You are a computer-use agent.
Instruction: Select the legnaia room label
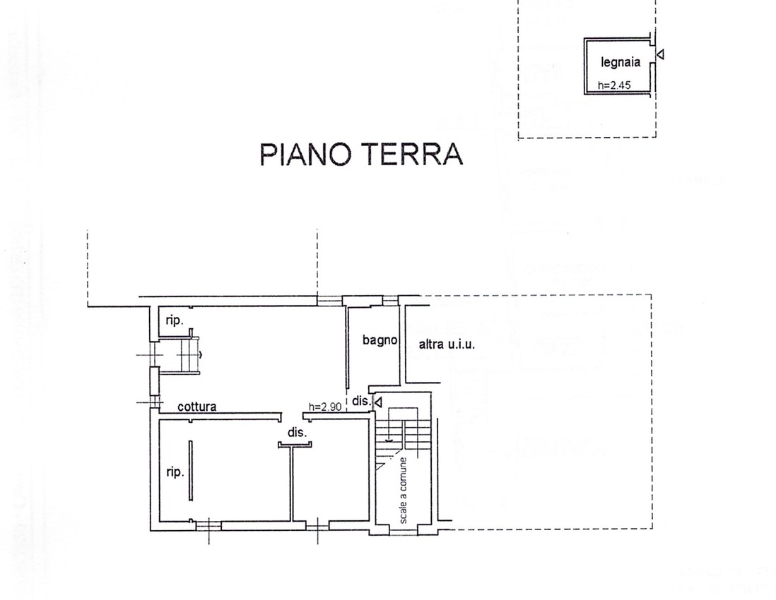tap(621, 62)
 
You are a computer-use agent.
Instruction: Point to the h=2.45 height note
tap(614, 85)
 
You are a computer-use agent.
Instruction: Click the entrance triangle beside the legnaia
tap(660, 54)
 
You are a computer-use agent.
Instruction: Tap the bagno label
tap(380, 340)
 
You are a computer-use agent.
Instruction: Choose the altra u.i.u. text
tap(447, 344)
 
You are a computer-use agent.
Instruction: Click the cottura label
tap(197, 407)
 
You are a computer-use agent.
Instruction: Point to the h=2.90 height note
tap(325, 407)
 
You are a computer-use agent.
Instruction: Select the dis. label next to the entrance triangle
tap(361, 401)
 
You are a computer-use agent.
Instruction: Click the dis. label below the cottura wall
tap(298, 433)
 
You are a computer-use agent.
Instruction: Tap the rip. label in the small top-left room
tap(174, 320)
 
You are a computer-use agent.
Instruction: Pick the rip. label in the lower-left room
tap(175, 472)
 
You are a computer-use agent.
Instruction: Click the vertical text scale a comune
tap(404, 491)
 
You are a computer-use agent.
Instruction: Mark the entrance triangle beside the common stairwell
tap(378, 403)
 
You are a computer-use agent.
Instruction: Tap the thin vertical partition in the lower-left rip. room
tap(191, 471)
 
